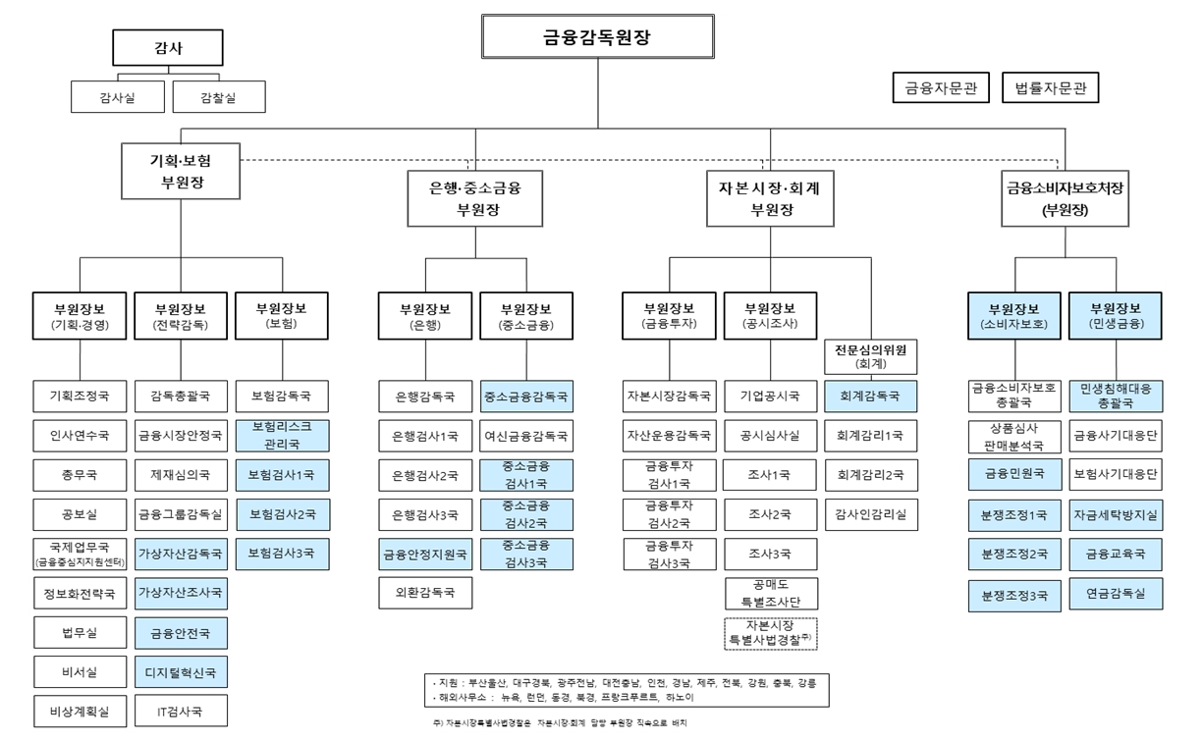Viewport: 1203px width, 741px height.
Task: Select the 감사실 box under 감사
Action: pyautogui.click(x=118, y=97)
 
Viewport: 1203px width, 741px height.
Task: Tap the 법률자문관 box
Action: pyautogui.click(x=1050, y=87)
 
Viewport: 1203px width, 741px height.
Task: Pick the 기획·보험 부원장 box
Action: pyautogui.click(x=180, y=171)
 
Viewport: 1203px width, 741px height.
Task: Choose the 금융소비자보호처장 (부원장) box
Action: pyautogui.click(x=1064, y=198)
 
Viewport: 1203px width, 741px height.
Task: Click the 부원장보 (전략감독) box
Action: pyautogui.click(x=181, y=315)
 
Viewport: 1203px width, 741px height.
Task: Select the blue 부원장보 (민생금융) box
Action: pyautogui.click(x=1116, y=315)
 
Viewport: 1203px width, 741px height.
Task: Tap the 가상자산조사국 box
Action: pyautogui.click(x=181, y=593)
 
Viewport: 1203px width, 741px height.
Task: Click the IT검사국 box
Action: pyautogui.click(x=181, y=711)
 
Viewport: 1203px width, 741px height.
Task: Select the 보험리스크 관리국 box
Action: pyautogui.click(x=282, y=436)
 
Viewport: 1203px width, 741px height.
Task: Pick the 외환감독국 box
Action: pyautogui.click(x=424, y=593)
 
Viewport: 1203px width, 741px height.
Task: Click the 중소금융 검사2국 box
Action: pyautogui.click(x=526, y=513)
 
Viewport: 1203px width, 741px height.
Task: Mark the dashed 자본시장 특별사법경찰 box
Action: pyautogui.click(x=771, y=633)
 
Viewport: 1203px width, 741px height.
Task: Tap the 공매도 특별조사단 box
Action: pyautogui.click(x=771, y=593)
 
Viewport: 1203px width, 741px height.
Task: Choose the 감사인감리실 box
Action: pyautogui.click(x=871, y=514)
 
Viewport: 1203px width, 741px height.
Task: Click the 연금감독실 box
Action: pyautogui.click(x=1116, y=593)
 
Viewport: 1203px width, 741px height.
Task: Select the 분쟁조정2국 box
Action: pyautogui.click(x=1014, y=554)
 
